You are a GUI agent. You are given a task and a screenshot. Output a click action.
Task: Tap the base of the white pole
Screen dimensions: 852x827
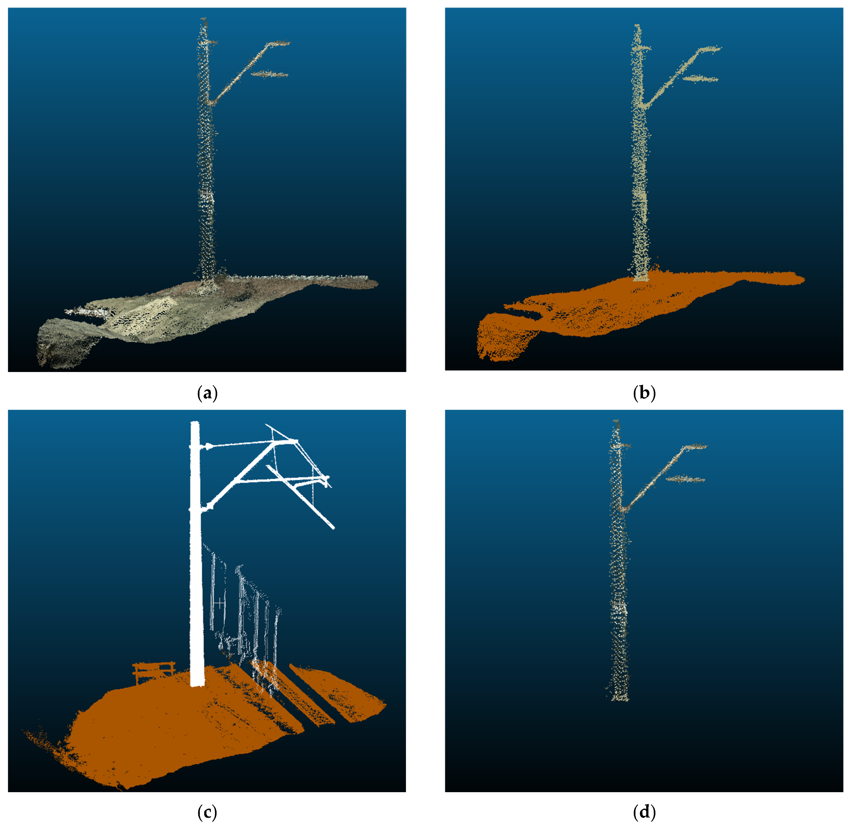(x=197, y=683)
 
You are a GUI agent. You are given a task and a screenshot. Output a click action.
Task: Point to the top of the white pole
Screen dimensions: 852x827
(x=195, y=423)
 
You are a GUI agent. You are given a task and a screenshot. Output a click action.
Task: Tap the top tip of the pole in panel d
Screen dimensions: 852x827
(x=616, y=421)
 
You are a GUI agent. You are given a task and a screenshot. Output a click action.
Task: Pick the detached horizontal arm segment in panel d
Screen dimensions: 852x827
(x=685, y=479)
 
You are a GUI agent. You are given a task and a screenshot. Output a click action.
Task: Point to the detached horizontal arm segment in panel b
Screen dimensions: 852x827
(x=700, y=79)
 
